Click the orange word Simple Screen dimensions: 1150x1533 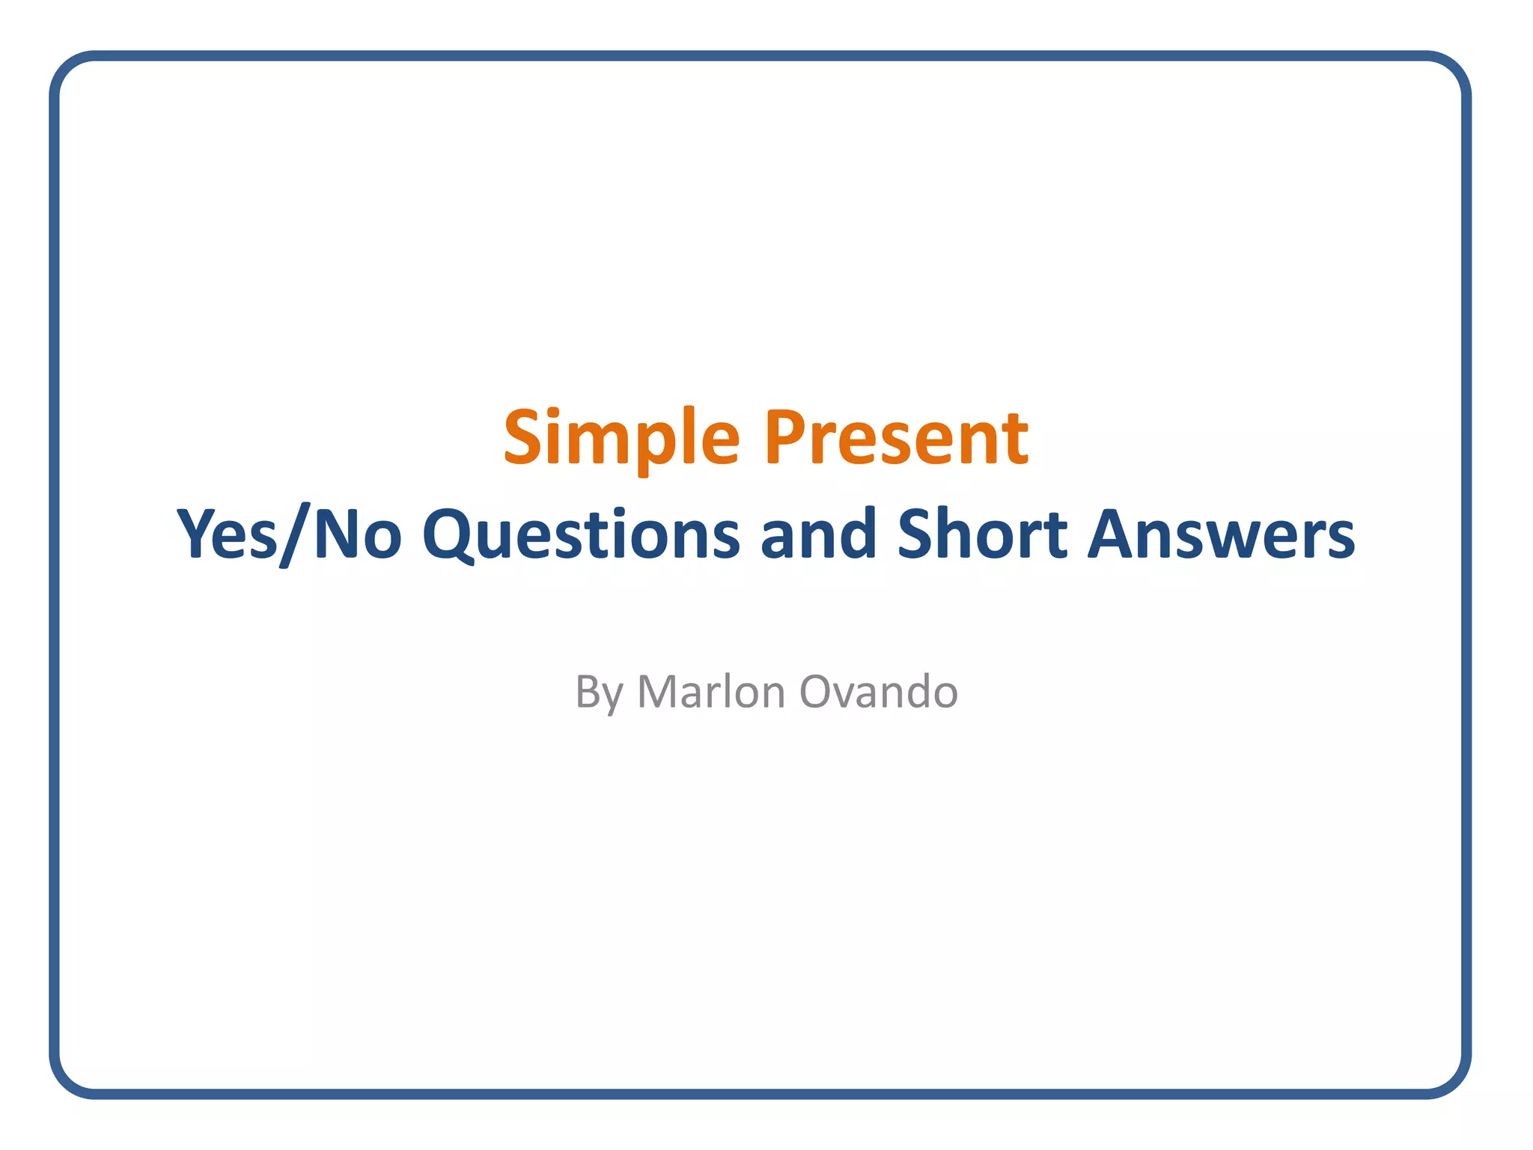click(621, 439)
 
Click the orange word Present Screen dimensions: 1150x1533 click(896, 439)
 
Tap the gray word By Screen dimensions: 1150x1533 click(599, 693)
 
